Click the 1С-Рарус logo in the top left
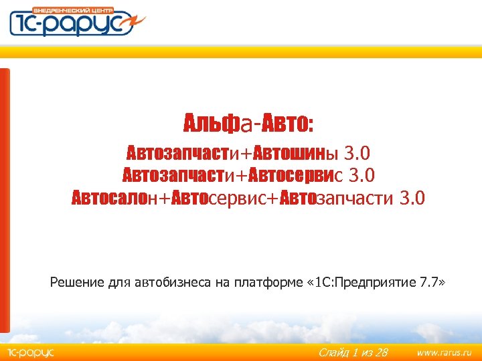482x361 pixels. click(x=76, y=22)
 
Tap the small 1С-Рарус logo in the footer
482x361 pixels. click(x=29, y=352)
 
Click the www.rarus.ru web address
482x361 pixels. click(x=444, y=352)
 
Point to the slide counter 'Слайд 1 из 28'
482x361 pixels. click(x=353, y=352)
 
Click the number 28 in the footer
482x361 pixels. click(x=380, y=352)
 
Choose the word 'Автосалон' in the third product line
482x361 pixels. click(x=116, y=198)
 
